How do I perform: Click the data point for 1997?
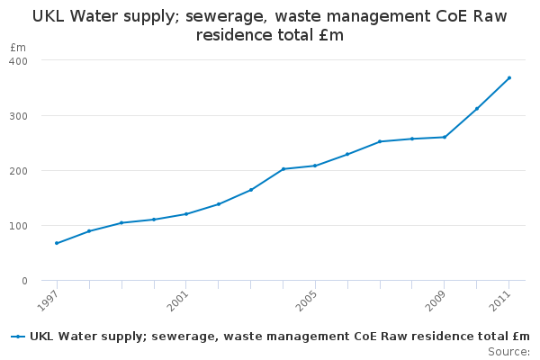(x=57, y=243)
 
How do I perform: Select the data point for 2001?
(x=186, y=214)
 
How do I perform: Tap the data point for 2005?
(x=315, y=166)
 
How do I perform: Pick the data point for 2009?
(x=445, y=137)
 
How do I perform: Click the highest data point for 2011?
(x=509, y=77)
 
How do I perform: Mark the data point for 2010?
(x=477, y=109)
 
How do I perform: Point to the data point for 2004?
(x=283, y=169)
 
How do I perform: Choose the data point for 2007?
(x=380, y=141)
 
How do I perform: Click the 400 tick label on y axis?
(x=19, y=60)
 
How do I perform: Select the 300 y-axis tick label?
(x=19, y=116)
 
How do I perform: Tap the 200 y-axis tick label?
(x=19, y=171)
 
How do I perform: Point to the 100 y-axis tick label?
(x=19, y=226)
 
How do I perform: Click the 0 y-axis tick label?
(x=24, y=281)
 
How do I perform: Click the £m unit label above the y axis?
(x=18, y=47)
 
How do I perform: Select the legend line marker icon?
(x=18, y=336)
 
